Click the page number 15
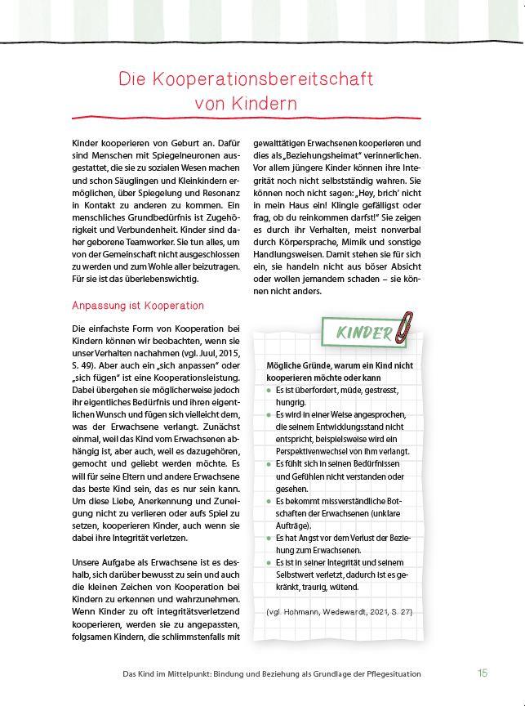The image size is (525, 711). [483, 673]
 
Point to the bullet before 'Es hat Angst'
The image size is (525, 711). [268, 539]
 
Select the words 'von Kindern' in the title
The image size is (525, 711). [246, 105]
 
